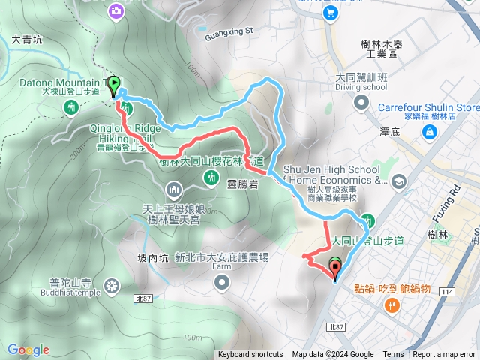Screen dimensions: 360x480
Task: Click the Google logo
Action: [x=28, y=349]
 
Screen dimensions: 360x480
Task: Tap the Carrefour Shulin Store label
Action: [x=429, y=107]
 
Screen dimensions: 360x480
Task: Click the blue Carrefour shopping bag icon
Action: [x=430, y=133]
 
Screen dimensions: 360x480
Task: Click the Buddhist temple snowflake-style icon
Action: [x=112, y=285]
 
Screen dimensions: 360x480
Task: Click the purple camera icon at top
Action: [x=116, y=10]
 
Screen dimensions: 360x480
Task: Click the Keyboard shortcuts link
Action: [x=250, y=355]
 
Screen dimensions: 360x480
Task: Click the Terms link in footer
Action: [x=393, y=355]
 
